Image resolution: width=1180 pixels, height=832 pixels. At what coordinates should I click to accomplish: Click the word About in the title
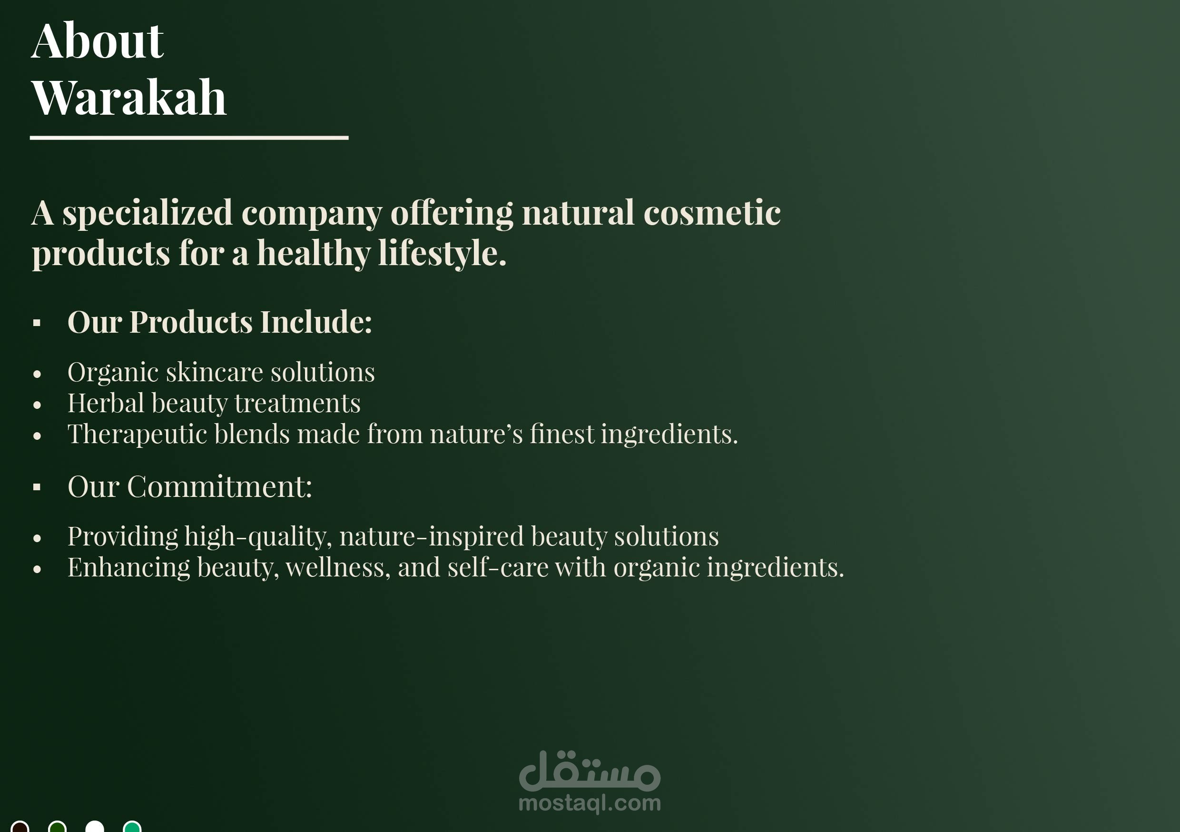pos(98,41)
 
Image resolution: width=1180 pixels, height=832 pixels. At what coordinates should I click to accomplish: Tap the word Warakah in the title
pos(129,97)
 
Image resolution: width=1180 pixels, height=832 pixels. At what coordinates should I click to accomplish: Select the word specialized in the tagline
pos(147,213)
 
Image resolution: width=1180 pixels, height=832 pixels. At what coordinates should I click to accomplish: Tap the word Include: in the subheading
pos(316,322)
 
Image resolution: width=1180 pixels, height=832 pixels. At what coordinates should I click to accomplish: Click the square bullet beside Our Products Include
pos(37,323)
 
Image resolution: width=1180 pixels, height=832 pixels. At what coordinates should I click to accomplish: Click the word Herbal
pos(106,403)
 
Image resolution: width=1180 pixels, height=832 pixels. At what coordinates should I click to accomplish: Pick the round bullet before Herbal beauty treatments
pos(37,405)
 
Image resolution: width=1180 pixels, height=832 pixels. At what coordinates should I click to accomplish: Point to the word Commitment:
pos(219,486)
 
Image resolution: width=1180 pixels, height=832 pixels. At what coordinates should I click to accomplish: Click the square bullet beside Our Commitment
pos(37,487)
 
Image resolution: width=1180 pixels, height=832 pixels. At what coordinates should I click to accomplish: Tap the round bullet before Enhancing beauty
pos(37,569)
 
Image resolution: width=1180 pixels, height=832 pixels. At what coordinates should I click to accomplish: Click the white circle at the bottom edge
pos(95,826)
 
